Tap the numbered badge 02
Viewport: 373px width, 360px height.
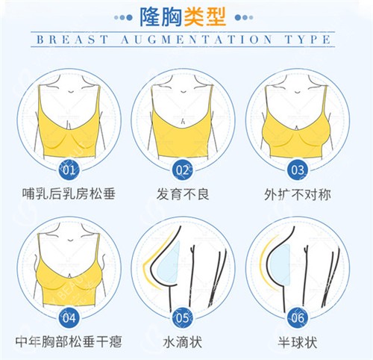(184, 170)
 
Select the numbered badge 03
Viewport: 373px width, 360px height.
(297, 170)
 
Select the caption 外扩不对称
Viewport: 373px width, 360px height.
(297, 196)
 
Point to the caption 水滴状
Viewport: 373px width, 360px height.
(184, 342)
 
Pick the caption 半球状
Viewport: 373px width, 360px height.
(297, 342)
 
